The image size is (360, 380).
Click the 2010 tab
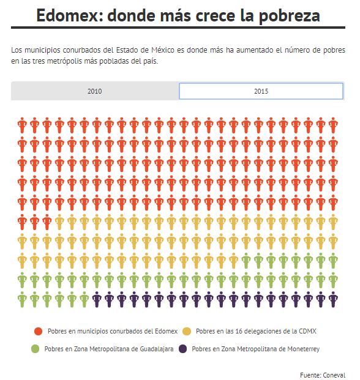95,91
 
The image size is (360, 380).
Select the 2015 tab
261,91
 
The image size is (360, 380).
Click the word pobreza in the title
289,16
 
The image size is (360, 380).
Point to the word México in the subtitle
163,50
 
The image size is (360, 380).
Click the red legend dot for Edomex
39,331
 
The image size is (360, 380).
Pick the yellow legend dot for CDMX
187,331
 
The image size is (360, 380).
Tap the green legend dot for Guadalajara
35,349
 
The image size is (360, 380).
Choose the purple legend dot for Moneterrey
183,349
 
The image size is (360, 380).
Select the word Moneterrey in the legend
303,349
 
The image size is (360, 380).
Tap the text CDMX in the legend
308,331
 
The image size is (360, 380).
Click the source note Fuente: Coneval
323,375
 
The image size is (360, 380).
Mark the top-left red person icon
22,125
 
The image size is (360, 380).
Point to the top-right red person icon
333,125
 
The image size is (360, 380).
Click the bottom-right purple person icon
333,300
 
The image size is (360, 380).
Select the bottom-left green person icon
22,300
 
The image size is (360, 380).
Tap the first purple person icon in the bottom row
97,300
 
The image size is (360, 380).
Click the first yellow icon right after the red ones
59,222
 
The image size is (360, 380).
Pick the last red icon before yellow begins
47,222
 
